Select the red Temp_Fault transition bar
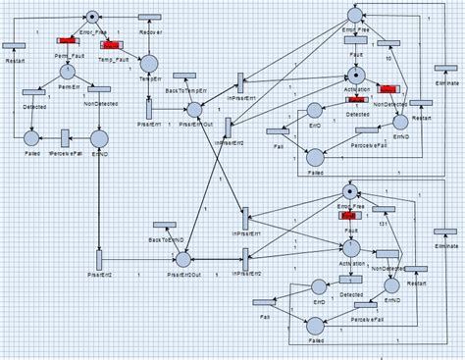[110, 43]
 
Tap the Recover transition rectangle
[150, 19]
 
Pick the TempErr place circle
[149, 64]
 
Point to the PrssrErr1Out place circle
[194, 109]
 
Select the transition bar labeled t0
[390, 43]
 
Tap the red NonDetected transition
[388, 102]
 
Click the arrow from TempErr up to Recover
[150, 39]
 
